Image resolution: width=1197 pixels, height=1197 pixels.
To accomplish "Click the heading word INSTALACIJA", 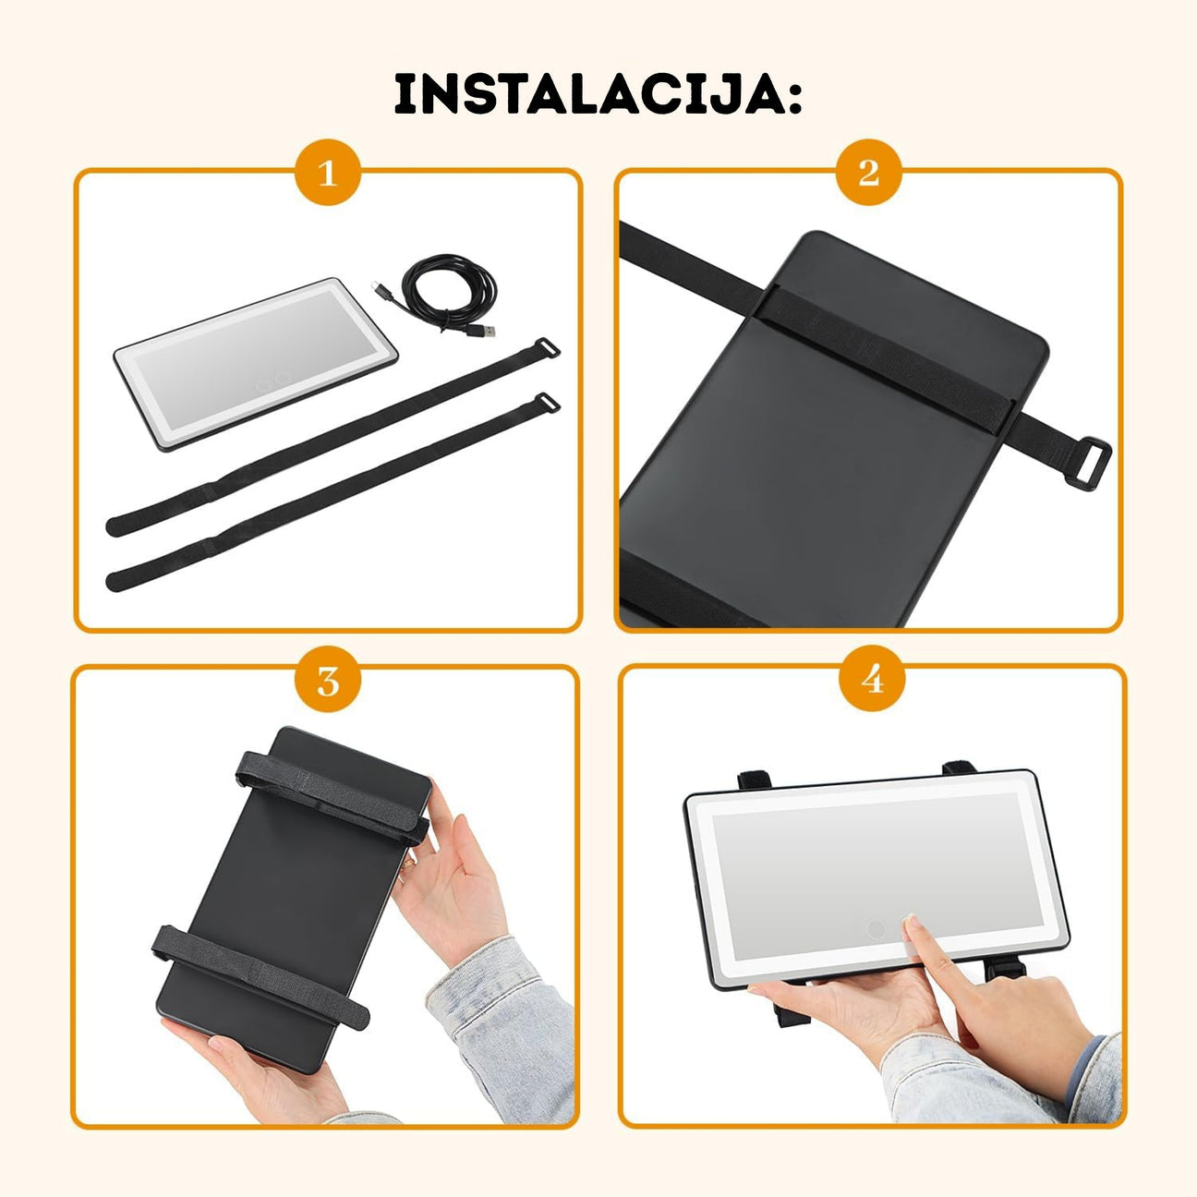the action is pos(587,94).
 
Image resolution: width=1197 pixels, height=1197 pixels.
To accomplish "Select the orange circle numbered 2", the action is pos(868,174).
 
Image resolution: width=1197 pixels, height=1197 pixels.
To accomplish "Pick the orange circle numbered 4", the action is pos(872,681).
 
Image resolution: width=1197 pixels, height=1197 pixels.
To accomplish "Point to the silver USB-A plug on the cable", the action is pos(485,330).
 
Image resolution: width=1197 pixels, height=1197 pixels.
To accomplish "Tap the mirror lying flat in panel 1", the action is pos(256,363).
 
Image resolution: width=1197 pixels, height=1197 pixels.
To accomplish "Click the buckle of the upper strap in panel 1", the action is pos(547,348).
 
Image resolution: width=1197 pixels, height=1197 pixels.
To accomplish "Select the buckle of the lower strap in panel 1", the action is pos(547,403).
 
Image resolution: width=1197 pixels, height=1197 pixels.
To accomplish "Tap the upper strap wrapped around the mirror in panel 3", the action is pos(332,798).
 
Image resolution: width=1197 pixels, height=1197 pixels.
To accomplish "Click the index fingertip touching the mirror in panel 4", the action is pos(911,925).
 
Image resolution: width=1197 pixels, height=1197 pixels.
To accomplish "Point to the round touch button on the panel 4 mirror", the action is pos(877,947).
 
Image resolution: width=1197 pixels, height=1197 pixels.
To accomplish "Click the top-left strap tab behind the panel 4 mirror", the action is pos(755,780).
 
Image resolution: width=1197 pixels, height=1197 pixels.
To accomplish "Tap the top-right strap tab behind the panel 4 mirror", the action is pos(959,768).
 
